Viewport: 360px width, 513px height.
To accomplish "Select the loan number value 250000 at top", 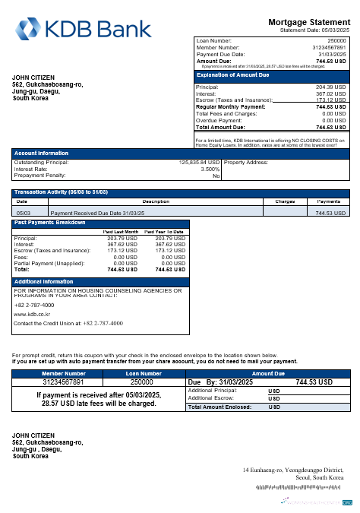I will click(336, 40).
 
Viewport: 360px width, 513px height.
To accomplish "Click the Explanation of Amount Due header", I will click(236, 75).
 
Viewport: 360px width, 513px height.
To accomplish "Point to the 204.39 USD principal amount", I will click(330, 87).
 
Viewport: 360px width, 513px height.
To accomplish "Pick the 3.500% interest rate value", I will click(210, 169).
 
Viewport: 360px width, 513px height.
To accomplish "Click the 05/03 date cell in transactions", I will click(23, 214).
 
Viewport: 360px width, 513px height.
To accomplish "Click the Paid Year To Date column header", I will click(164, 231).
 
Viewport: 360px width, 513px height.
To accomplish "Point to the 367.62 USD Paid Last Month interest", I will click(122, 244).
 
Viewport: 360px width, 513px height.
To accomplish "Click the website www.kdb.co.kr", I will click(32, 313).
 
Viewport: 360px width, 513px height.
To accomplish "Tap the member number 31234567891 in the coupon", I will click(64, 382).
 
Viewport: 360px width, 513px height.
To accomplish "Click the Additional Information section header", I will click(44, 281).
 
